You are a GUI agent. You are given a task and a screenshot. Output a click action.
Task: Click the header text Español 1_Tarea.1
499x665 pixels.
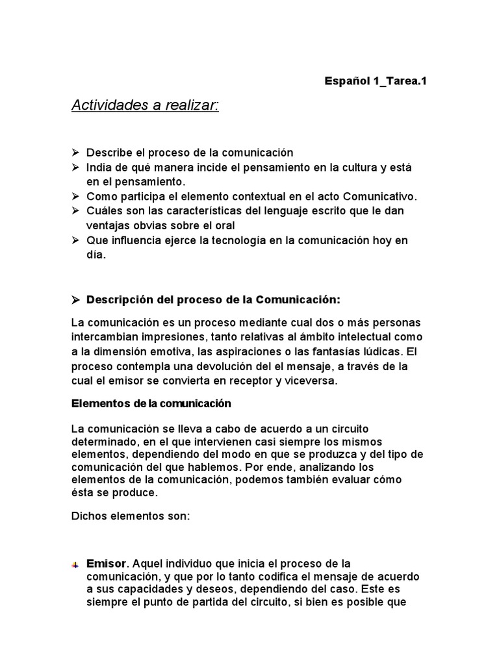coord(376,81)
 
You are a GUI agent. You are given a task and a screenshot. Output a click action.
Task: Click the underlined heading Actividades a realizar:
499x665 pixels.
coord(145,105)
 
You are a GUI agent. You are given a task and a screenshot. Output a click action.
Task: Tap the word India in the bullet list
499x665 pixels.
coord(99,168)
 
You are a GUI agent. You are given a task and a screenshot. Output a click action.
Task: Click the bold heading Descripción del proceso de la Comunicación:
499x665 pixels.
coord(213,299)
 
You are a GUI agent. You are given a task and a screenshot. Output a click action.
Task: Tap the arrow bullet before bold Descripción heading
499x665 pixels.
coord(75,299)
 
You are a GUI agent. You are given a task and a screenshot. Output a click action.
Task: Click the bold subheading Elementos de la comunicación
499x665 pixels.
coord(151,403)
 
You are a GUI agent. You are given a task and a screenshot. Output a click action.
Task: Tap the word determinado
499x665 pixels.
coord(105,442)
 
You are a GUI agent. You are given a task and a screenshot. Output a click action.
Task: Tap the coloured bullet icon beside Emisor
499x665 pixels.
coord(75,564)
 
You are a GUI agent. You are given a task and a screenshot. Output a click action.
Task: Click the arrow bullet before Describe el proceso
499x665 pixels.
coord(75,153)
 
